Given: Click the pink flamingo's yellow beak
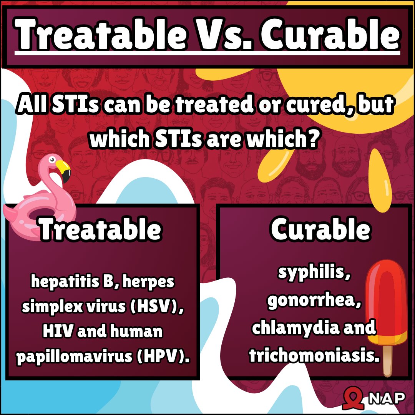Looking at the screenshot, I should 64,169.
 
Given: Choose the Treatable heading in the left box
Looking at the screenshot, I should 100,229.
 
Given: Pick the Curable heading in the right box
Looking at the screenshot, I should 320,229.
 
